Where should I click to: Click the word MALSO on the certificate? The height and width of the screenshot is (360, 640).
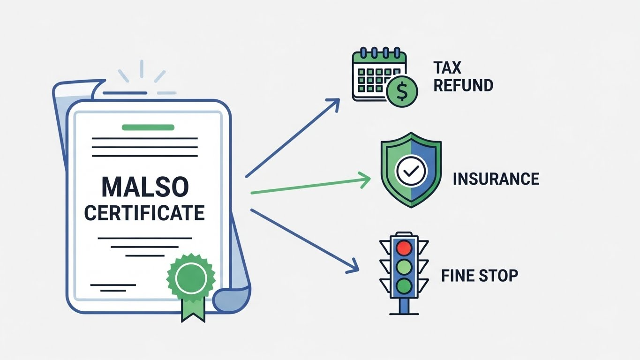145,187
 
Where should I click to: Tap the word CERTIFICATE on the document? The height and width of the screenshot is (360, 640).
144,213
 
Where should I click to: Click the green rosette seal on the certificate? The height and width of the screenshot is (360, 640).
191,278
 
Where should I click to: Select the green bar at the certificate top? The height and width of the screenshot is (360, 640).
148,127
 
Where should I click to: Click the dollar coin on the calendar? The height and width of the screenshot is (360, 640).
402,92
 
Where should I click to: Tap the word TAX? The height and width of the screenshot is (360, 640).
447,68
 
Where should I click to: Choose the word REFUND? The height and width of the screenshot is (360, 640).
463,85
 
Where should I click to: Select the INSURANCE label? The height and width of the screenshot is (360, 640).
496,179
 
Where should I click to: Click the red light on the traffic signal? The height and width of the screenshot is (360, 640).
404,247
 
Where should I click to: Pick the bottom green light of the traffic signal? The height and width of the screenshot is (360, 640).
404,285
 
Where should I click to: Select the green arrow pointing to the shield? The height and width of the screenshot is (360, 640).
309,186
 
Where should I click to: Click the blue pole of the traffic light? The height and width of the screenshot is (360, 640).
404,306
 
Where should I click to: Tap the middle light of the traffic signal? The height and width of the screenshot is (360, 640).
404,266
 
